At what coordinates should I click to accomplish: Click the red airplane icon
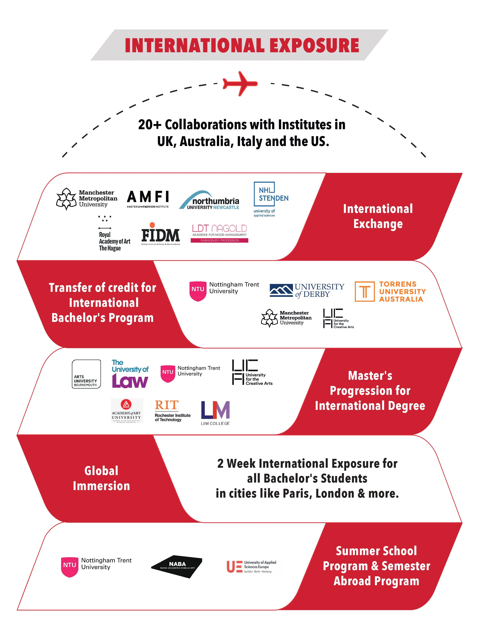pyautogui.click(x=240, y=84)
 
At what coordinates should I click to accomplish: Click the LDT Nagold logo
pyautogui.click(x=219, y=233)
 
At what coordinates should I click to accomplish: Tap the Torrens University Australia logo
pyautogui.click(x=390, y=291)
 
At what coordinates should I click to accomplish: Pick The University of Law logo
pyautogui.click(x=130, y=374)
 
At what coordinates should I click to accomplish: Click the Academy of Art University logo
pyautogui.click(x=127, y=410)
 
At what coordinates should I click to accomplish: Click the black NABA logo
pyautogui.click(x=177, y=566)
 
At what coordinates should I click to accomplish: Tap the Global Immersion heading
pyautogui.click(x=101, y=479)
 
